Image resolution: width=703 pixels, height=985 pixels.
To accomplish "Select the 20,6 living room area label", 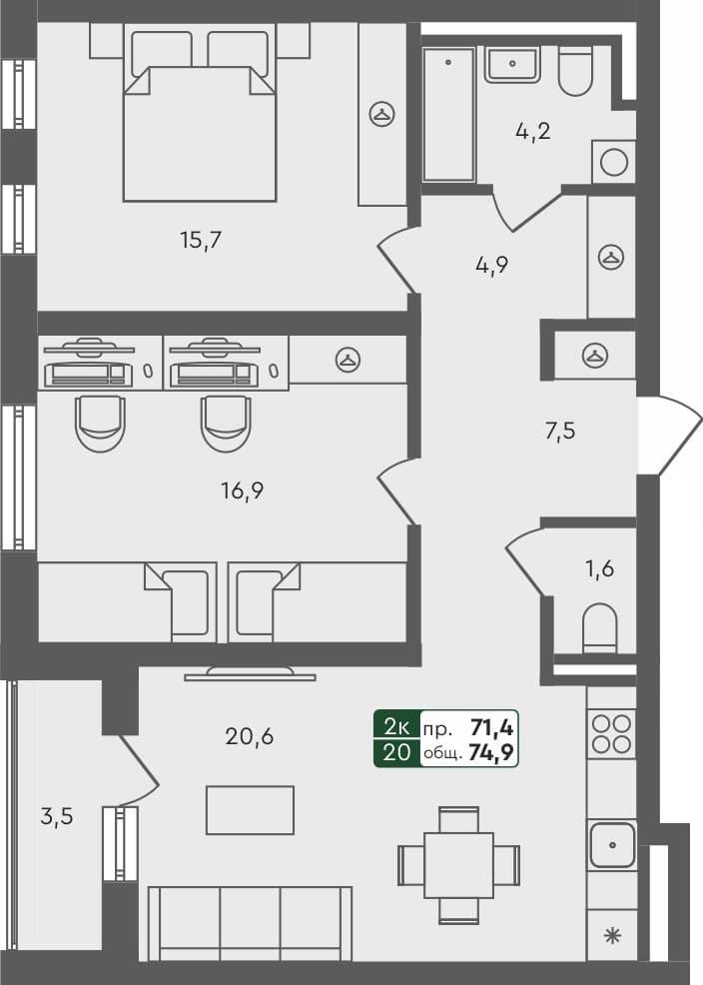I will [x=250, y=737].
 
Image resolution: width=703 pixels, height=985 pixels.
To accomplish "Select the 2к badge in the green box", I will [x=395, y=726].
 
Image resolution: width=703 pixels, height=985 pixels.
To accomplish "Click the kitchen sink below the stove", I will [x=611, y=845].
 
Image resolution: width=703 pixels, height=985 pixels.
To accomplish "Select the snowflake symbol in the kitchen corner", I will [x=611, y=936].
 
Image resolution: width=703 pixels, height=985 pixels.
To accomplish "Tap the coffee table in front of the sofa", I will [x=250, y=809].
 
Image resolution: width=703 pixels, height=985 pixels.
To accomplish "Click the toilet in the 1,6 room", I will [x=599, y=627].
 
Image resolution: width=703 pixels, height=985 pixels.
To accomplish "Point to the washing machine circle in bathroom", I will [x=614, y=161].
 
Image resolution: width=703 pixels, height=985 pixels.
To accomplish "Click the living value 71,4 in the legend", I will [x=491, y=726].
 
